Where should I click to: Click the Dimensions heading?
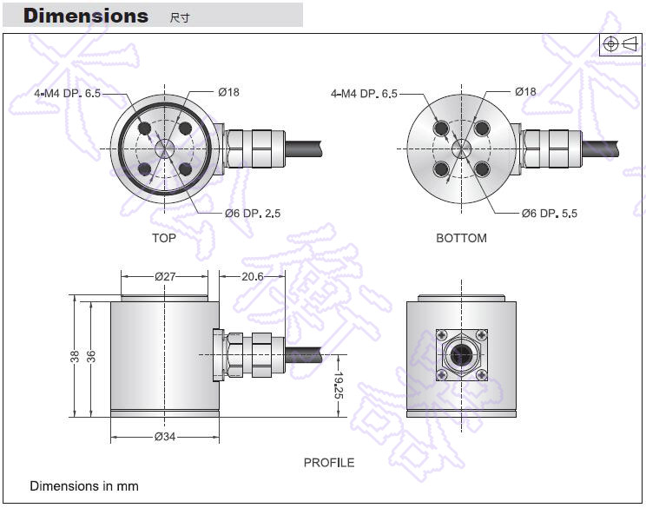point(85,16)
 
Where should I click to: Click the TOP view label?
point(163,238)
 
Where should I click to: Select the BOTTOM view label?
point(461,238)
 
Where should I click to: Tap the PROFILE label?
point(328,463)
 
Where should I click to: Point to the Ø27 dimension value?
point(165,277)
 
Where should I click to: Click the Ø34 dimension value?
point(165,436)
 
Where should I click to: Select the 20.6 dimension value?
point(252,276)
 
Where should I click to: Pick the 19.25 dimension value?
point(339,386)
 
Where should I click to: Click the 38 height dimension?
point(76,356)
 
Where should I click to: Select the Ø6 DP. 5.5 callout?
point(549,213)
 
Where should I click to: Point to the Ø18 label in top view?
point(228,92)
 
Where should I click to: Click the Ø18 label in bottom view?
point(524,91)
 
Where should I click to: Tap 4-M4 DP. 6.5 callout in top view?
point(67,93)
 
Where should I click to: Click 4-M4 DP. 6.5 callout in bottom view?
point(364,93)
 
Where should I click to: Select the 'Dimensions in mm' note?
point(84,486)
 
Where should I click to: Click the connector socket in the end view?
point(460,355)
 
